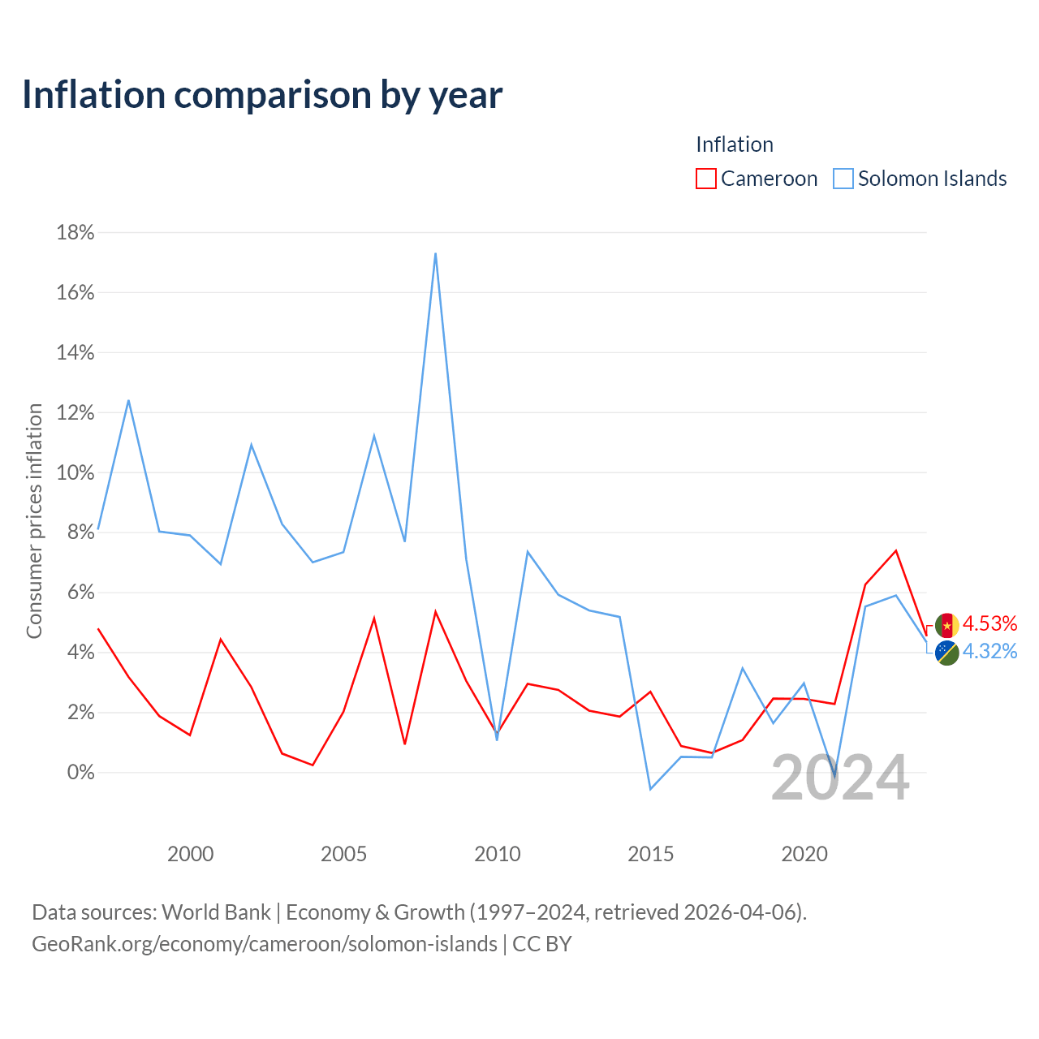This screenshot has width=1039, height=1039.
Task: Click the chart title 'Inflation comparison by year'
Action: pos(262,95)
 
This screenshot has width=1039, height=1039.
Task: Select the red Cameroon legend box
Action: pos(705,179)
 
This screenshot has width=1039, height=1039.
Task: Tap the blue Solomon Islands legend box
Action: pos(843,179)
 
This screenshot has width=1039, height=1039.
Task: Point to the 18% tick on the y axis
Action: pos(75,232)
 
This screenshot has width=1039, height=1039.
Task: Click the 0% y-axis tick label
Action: pos(80,772)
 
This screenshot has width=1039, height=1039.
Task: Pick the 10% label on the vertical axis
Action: pos(75,472)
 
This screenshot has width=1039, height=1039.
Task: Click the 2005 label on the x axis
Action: pos(343,854)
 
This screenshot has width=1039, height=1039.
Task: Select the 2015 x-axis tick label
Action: pos(651,854)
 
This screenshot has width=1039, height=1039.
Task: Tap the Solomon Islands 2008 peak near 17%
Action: pos(435,253)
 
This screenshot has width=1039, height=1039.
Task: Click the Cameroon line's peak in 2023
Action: pos(895,550)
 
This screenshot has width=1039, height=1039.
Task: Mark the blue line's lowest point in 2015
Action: pos(650,789)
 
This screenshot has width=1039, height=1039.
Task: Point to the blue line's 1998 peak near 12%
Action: pos(128,400)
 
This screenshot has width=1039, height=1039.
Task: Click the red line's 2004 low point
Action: pos(313,765)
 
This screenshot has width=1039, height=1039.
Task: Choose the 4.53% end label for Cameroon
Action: pos(990,623)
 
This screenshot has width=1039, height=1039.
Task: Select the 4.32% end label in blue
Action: pos(990,651)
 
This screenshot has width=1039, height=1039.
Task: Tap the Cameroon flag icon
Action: pos(947,626)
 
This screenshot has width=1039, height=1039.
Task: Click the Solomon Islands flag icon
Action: pos(947,653)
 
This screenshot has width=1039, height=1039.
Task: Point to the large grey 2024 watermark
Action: pos(841,777)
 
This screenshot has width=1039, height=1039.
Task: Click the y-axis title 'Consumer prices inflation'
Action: pos(34,521)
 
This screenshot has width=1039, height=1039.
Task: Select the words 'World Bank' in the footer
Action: pos(216,912)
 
